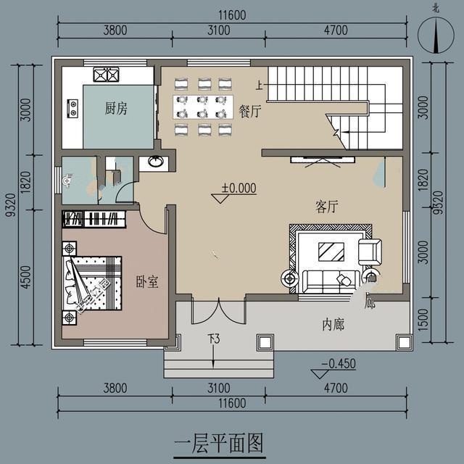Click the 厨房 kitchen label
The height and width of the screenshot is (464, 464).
[116, 109]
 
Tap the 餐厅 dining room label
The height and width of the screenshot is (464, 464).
[249, 111]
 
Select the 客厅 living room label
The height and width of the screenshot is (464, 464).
[326, 207]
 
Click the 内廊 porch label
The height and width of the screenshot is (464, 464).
[333, 325]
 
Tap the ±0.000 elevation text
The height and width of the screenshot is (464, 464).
[239, 188]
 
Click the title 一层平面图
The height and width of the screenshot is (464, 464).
[218, 441]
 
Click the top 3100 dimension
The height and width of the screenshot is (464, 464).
[217, 30]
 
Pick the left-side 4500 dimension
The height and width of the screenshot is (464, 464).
[25, 277]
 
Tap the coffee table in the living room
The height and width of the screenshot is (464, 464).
[333, 251]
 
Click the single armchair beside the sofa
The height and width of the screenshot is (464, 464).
[370, 251]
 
